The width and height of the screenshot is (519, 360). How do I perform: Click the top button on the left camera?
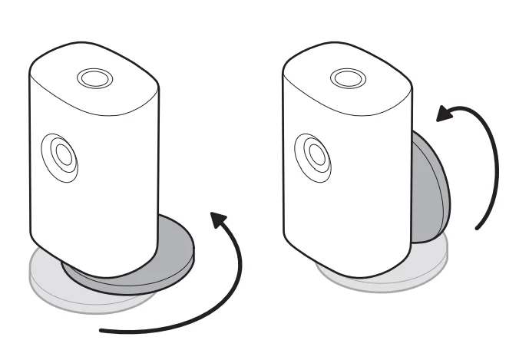coord(94,79)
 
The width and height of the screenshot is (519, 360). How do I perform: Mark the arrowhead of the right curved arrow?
coord(445,116)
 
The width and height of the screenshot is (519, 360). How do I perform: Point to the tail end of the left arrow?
coord(104,332)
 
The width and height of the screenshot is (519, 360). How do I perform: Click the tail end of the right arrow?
coord(478,227)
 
